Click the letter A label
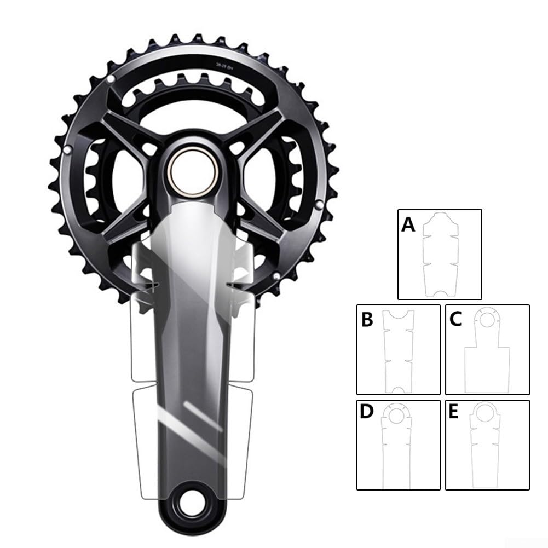[408, 224]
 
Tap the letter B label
[367, 320]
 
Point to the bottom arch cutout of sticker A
[440, 293]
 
